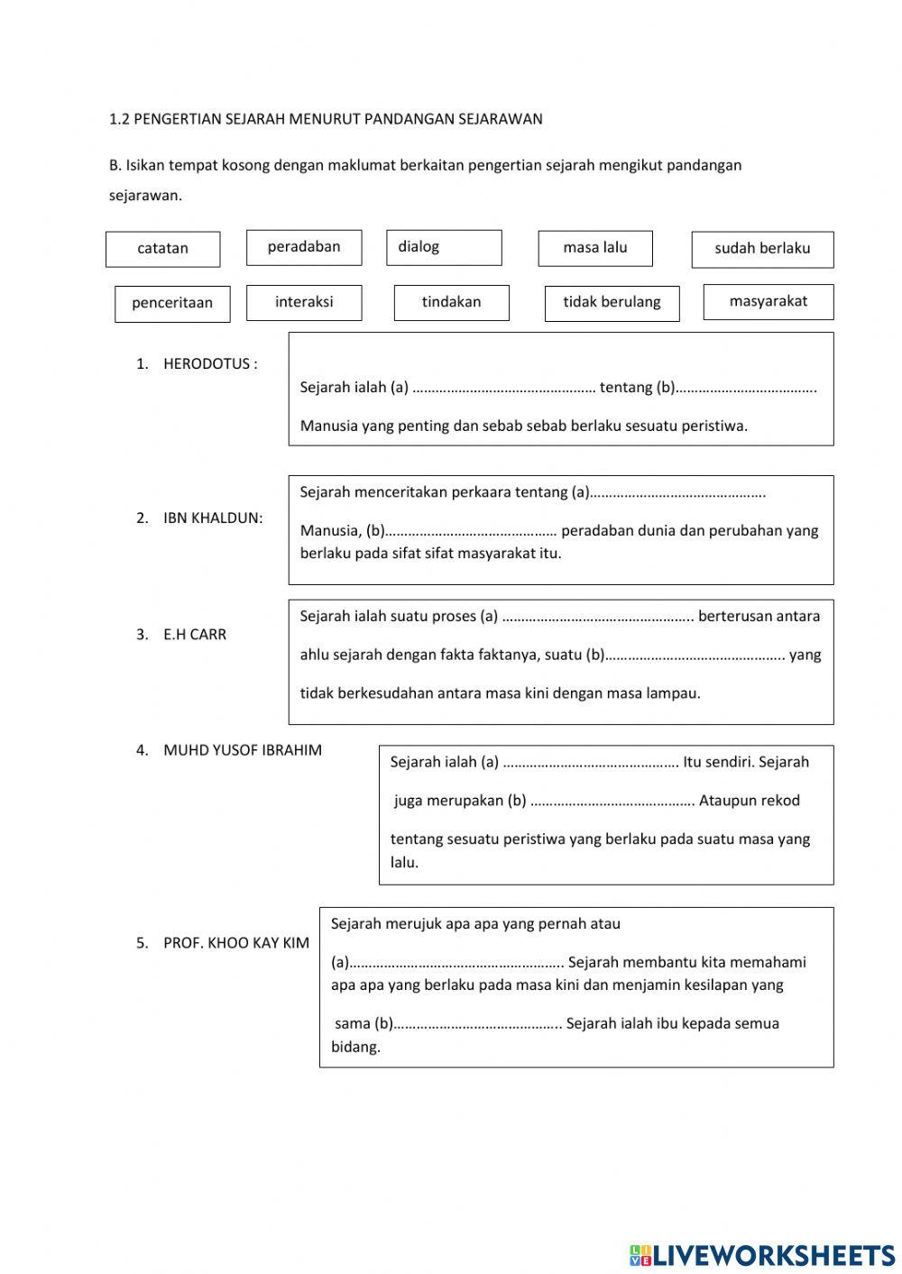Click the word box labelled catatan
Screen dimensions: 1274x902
pyautogui.click(x=162, y=249)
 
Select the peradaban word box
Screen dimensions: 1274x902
pyautogui.click(x=304, y=247)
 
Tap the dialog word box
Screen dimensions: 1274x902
pyautogui.click(x=444, y=247)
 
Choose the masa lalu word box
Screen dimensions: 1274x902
pyautogui.click(x=594, y=248)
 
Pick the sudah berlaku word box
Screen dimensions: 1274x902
pyautogui.click(x=762, y=249)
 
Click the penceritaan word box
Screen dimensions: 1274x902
pyautogui.click(x=172, y=303)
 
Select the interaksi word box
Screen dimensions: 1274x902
pyautogui.click(x=304, y=302)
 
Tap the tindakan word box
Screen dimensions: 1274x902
pyautogui.click(x=451, y=302)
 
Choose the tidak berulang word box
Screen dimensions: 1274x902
pyautogui.click(x=612, y=302)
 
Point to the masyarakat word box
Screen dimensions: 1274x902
pyautogui.click(x=768, y=301)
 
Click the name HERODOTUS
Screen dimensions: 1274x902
pyautogui.click(x=207, y=364)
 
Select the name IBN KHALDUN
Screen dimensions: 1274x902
pyautogui.click(x=212, y=518)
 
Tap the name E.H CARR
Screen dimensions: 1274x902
pyautogui.click(x=194, y=635)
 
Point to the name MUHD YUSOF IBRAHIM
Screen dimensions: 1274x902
pyautogui.click(x=242, y=750)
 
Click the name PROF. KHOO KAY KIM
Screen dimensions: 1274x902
pyautogui.click(x=235, y=943)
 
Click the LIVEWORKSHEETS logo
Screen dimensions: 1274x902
pyautogui.click(x=762, y=1254)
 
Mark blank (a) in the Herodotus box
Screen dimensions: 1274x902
pyautogui.click(x=503, y=389)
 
